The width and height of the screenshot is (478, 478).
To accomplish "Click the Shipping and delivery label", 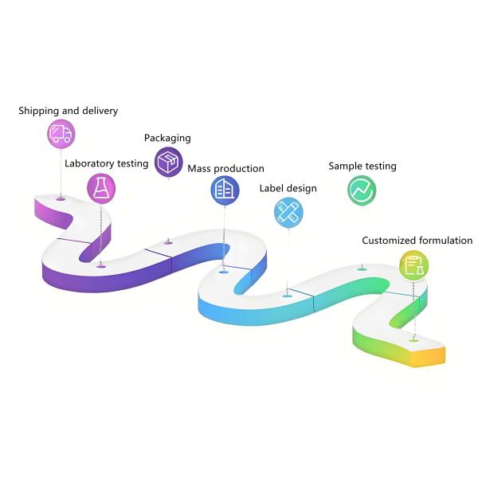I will click(x=68, y=111).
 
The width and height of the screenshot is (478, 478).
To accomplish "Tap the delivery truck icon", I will click(x=61, y=134).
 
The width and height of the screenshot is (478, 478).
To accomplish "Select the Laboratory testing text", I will click(x=106, y=163).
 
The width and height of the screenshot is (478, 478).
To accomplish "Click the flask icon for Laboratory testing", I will click(x=101, y=188).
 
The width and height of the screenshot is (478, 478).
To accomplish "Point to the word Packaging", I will click(x=167, y=138).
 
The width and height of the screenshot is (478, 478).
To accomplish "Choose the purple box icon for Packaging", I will click(x=168, y=162).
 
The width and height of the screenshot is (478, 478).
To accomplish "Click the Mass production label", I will click(x=225, y=169).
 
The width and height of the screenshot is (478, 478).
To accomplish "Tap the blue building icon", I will click(x=225, y=190).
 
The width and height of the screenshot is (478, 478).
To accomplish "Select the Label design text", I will click(x=288, y=189).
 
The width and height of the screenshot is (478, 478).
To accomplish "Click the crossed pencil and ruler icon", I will click(x=288, y=212).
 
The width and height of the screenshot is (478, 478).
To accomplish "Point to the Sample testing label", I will click(x=362, y=167).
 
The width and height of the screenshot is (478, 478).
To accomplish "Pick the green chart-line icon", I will click(x=362, y=190).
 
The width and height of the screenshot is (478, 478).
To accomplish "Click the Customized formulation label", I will click(x=417, y=240).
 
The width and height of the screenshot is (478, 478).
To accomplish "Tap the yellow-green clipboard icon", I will click(x=413, y=265).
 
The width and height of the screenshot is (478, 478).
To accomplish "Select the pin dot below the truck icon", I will click(x=61, y=198).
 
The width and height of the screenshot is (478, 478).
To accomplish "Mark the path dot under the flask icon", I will click(x=100, y=266).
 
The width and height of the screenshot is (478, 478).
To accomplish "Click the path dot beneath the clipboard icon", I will click(x=413, y=340).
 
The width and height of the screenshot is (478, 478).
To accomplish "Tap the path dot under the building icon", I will click(x=225, y=272).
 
